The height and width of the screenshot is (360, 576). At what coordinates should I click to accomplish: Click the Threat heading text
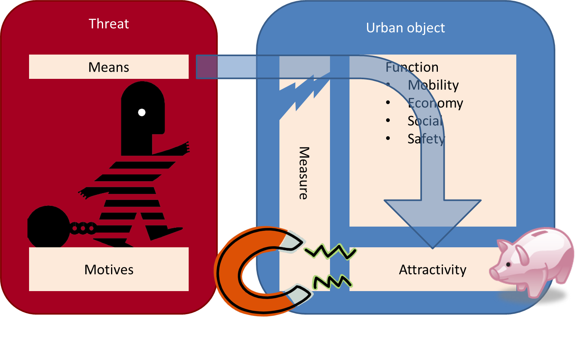[109, 24]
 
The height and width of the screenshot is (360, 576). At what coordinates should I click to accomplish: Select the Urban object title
[405, 28]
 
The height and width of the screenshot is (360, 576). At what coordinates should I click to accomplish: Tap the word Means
[109, 67]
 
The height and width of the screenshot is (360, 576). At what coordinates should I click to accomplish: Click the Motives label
[109, 270]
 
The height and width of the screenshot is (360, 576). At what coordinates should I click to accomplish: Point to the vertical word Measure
[304, 173]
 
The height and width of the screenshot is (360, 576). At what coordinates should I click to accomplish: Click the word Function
[412, 67]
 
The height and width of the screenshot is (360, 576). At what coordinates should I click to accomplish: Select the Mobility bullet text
[433, 85]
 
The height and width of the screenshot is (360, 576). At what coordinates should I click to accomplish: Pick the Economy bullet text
[435, 103]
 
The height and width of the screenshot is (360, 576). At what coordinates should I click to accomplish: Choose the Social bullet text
[425, 121]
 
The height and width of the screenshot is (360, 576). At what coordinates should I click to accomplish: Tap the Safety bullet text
[426, 139]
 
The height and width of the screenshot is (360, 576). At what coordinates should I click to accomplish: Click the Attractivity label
[432, 270]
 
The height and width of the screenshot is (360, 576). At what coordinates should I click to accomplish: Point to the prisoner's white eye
[142, 112]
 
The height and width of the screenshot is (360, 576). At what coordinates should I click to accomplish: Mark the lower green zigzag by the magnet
[332, 282]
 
